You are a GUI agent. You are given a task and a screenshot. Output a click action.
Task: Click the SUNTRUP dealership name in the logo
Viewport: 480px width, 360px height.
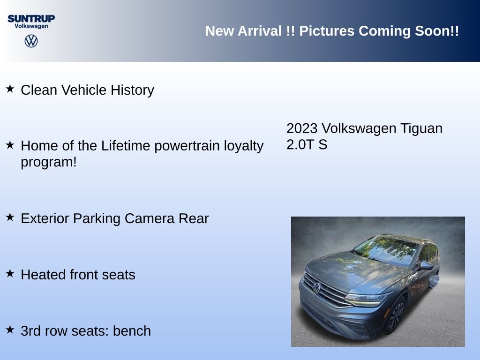(31, 19)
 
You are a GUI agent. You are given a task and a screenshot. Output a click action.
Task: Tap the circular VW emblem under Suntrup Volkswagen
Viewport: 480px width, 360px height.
(31, 41)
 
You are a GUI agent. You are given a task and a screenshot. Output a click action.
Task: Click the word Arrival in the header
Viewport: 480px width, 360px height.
(260, 31)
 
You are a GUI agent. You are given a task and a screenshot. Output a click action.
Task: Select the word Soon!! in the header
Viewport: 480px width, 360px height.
(437, 31)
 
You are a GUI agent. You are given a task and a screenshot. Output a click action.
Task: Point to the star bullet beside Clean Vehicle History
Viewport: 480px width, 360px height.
(10, 89)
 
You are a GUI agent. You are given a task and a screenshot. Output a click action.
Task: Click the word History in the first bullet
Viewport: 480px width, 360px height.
(132, 90)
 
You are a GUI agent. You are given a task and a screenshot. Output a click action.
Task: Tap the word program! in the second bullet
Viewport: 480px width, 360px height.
(49, 162)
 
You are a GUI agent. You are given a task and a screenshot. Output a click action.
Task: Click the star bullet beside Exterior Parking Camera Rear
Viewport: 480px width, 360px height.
(10, 217)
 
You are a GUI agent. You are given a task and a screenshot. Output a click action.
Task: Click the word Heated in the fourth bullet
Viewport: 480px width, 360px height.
(43, 275)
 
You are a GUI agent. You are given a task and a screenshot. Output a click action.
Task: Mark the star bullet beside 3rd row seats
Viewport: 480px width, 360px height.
(10, 330)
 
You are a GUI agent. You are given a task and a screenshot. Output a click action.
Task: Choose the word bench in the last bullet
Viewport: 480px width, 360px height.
(132, 331)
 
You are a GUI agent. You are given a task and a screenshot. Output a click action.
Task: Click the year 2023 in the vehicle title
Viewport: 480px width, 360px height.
(302, 128)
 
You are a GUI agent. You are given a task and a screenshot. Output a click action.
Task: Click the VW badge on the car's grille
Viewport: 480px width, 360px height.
(317, 288)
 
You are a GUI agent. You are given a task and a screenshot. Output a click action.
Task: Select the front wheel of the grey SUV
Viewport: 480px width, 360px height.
(395, 316)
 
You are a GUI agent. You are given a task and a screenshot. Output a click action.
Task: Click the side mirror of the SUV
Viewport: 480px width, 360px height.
(427, 265)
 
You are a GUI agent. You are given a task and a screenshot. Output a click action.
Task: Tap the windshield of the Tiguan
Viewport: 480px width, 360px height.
(386, 249)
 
